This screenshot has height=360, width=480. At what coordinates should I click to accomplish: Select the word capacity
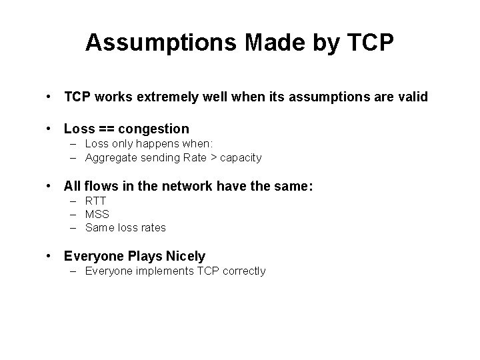(x=241, y=158)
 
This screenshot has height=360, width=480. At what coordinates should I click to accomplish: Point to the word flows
(x=97, y=187)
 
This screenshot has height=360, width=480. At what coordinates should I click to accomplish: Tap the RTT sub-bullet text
(x=96, y=201)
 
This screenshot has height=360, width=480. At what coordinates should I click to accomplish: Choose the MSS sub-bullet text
(x=97, y=214)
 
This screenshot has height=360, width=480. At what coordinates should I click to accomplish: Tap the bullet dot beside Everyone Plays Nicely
(x=50, y=256)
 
